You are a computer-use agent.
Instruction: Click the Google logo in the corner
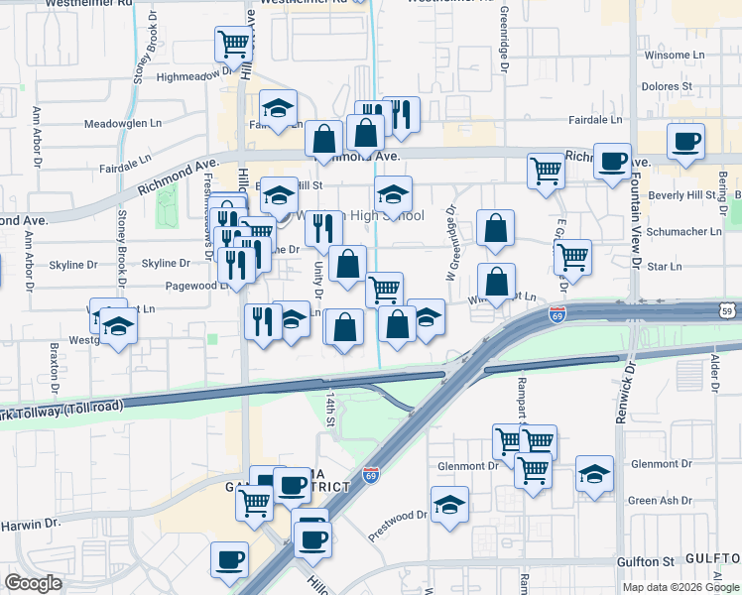tap(34, 583)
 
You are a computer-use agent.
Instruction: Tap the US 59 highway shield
tap(727, 311)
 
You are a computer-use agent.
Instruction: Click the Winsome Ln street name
tap(675, 56)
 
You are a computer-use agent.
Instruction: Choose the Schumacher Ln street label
tap(683, 231)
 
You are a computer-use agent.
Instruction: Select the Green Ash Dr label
tap(660, 501)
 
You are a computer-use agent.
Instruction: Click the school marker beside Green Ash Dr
tap(594, 474)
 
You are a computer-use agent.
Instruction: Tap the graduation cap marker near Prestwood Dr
tap(449, 504)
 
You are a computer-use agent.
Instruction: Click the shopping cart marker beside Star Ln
tap(572, 256)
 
